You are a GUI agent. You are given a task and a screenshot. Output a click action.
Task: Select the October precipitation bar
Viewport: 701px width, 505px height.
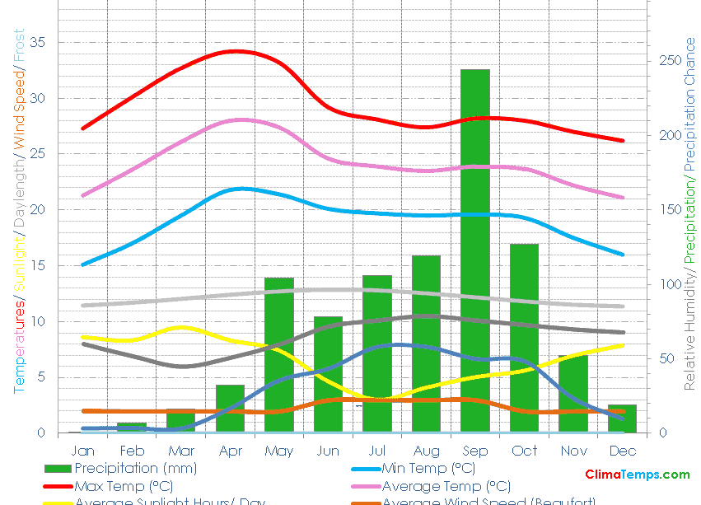[524, 338]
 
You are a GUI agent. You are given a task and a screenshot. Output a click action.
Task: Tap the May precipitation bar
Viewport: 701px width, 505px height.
[279, 355]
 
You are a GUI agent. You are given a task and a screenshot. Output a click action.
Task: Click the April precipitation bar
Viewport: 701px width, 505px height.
[231, 409]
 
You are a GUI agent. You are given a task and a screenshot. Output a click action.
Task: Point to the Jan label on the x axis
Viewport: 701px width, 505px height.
[83, 451]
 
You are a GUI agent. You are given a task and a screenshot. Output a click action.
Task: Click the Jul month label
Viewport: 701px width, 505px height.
[376, 451]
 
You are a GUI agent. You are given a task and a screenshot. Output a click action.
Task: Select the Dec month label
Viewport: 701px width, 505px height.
[623, 451]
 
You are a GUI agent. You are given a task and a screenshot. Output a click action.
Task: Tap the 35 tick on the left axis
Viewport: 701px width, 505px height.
[38, 42]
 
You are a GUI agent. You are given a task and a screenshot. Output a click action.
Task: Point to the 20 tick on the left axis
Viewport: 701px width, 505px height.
[38, 209]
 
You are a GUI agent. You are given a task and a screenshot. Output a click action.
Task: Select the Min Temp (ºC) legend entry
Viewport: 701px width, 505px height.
[428, 469]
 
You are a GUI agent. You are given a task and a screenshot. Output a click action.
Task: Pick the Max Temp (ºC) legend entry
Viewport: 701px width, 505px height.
[124, 486]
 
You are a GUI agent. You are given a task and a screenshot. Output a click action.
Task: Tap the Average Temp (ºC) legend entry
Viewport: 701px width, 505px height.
[446, 486]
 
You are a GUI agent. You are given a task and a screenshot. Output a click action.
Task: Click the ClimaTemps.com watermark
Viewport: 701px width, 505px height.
[637, 475]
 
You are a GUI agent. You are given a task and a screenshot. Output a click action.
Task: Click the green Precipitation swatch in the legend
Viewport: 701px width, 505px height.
[58, 469]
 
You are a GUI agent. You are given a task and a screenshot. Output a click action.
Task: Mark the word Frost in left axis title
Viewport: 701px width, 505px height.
[19, 47]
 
